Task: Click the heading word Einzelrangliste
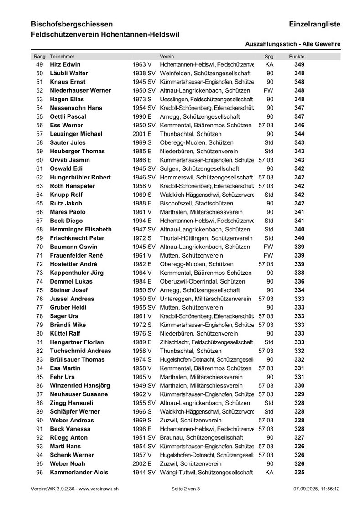pyautogui.click(x=314, y=24)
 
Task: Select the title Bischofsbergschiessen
pyautogui.click(x=72, y=24)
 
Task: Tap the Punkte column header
pyautogui.click(x=297, y=56)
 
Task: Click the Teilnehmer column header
pyautogui.click(x=62, y=56)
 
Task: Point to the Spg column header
pyautogui.click(x=269, y=56)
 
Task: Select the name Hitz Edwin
pyautogui.click(x=65, y=64)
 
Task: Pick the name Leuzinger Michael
pyautogui.click(x=76, y=134)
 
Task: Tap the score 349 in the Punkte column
pyautogui.click(x=299, y=64)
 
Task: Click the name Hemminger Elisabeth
pyautogui.click(x=80, y=229)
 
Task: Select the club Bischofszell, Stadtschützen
pyautogui.click(x=196, y=203)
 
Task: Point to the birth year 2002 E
pyautogui.click(x=142, y=463)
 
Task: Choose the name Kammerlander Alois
pyautogui.click(x=78, y=472)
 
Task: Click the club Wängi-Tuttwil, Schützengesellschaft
pyautogui.click(x=206, y=472)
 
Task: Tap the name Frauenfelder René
pyautogui.click(x=76, y=255)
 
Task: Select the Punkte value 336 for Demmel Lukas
pyautogui.click(x=299, y=281)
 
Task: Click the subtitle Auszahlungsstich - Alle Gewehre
pyautogui.click(x=292, y=44)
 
